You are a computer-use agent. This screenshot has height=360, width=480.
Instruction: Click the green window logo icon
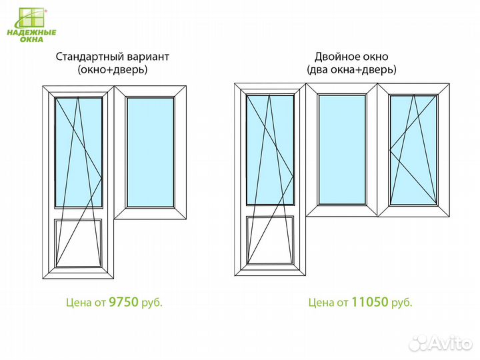coord(31,18)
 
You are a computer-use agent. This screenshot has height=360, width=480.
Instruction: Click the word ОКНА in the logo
coord(31,39)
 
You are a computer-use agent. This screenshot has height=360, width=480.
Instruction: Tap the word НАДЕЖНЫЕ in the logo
coord(31,33)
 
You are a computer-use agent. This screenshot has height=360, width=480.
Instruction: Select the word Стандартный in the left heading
coord(90,57)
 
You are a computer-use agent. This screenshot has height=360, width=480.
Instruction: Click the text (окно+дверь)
coord(113,70)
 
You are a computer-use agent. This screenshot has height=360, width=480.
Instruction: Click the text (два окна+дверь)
coord(351,70)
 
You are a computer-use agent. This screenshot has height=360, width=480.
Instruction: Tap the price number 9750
coord(124,302)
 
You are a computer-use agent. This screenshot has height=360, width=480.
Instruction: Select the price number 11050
coord(370,302)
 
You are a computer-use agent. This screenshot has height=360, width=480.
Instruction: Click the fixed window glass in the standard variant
coord(150,152)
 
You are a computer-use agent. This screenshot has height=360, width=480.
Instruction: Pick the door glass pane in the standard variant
coord(79,152)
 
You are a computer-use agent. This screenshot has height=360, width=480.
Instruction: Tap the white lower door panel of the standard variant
coord(79,243)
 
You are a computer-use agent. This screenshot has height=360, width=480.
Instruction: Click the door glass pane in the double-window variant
coord(270,150)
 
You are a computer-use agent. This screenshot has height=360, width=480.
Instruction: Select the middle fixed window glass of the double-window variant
coord(342,150)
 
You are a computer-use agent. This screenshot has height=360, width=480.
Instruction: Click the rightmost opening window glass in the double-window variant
coord(413,150)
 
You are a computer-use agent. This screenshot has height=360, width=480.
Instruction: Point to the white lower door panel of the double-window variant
coord(270,240)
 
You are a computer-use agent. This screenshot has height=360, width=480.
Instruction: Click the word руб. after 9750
coord(152,303)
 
